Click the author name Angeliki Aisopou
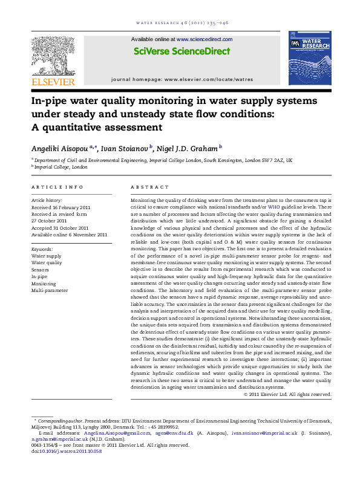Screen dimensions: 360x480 59,147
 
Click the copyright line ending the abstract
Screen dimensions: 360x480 287,394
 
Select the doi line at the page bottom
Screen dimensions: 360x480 66,450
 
